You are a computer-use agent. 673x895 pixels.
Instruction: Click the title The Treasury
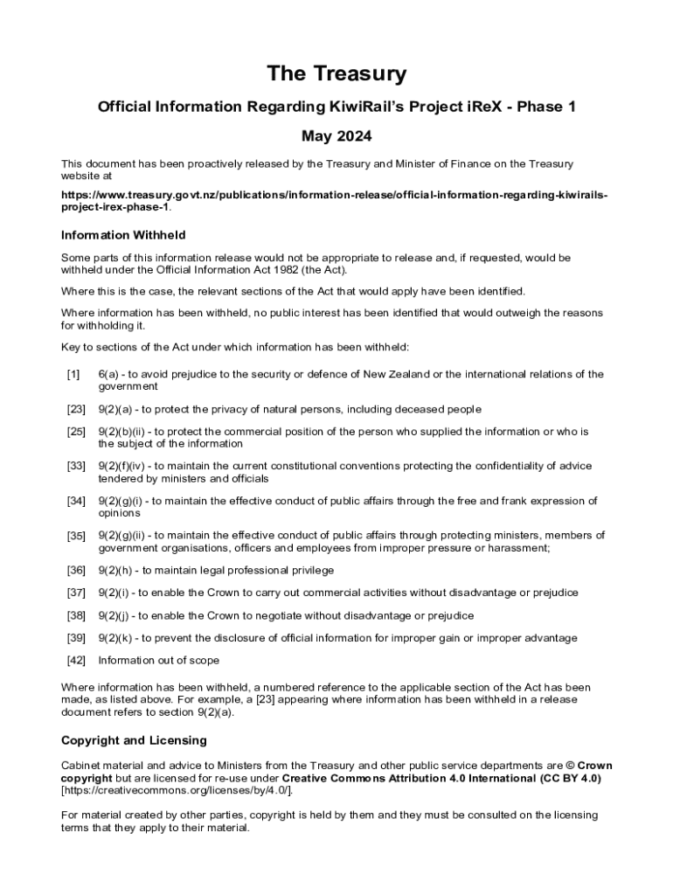336,74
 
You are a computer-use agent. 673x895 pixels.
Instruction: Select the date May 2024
336,136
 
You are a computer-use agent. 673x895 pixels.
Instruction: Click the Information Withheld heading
123,235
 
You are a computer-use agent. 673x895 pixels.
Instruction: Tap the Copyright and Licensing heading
134,740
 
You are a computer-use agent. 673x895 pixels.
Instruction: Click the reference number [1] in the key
73,374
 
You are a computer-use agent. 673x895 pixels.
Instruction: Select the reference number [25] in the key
76,432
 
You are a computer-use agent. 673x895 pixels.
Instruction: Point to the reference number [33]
76,466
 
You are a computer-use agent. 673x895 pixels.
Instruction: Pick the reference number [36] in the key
76,570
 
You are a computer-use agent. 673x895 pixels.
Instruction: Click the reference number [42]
76,661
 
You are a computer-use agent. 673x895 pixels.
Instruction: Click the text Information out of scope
158,661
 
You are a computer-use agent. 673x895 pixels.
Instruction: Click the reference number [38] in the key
76,615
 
